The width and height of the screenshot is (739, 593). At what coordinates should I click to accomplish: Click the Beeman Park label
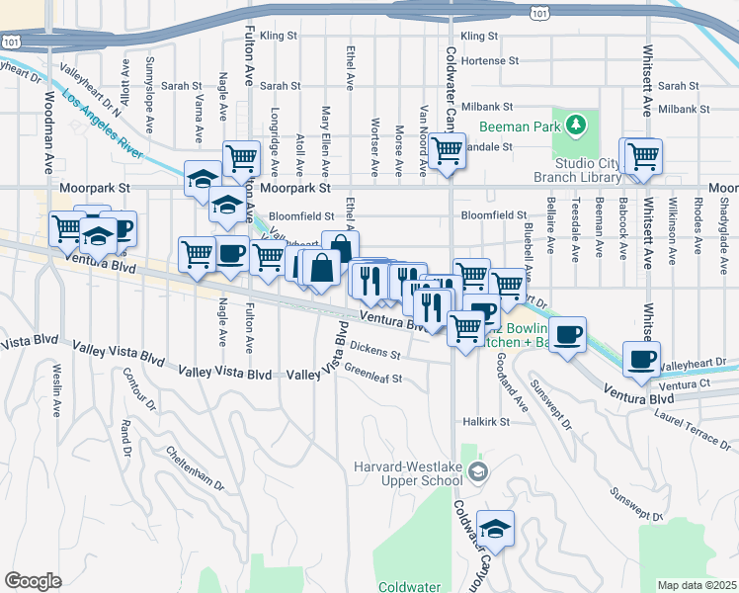click(x=519, y=127)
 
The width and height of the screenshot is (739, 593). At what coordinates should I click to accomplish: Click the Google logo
click(x=34, y=580)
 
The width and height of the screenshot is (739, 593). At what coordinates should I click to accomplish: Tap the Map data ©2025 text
click(x=697, y=585)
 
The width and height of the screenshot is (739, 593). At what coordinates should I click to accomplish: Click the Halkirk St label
click(x=485, y=421)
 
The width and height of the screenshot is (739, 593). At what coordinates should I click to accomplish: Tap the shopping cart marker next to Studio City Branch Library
click(x=641, y=156)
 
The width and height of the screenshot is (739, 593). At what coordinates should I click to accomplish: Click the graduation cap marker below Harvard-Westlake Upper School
click(x=495, y=528)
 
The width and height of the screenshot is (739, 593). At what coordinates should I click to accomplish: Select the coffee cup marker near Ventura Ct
click(x=641, y=358)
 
